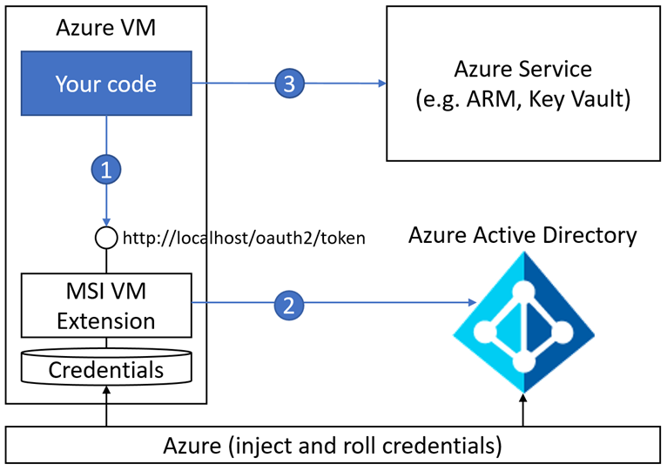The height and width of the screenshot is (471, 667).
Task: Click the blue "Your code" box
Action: (106, 84)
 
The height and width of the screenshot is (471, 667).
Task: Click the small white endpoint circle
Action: (106, 237)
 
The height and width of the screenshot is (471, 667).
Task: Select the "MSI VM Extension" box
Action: (106, 304)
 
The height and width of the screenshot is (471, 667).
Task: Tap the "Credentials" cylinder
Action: (106, 369)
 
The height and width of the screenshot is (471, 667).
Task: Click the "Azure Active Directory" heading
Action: (522, 234)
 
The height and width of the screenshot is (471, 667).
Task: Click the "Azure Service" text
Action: (522, 68)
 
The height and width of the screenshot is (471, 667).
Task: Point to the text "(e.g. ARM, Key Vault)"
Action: (522, 99)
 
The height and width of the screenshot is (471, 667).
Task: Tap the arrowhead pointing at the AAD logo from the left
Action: (473, 304)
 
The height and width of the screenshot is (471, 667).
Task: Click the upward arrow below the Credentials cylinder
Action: (106, 397)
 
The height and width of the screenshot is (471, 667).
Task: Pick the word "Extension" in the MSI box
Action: (106, 320)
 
